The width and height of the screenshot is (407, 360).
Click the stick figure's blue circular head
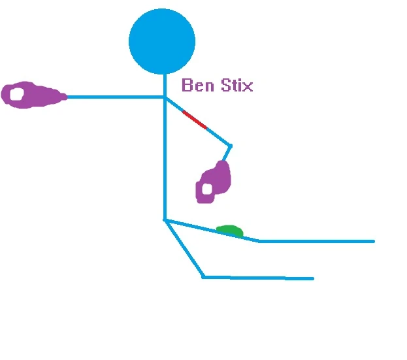(x=162, y=41)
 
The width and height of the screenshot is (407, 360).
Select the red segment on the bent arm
(x=195, y=120)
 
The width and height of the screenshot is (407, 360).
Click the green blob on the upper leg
(x=230, y=231)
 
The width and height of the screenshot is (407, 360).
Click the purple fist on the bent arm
(x=214, y=182)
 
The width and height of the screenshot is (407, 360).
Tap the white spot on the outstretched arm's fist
(x=16, y=94)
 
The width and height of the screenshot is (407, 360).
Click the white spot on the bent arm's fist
(x=207, y=189)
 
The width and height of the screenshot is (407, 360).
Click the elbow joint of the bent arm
(x=230, y=145)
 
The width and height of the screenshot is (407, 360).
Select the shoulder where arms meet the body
(x=164, y=97)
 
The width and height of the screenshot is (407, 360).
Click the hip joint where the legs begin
(x=165, y=220)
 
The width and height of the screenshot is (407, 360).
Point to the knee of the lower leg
(x=203, y=277)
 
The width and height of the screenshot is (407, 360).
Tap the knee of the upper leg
(x=259, y=241)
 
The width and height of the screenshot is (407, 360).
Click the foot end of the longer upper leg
(x=373, y=241)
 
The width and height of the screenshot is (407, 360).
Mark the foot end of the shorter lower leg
(x=312, y=278)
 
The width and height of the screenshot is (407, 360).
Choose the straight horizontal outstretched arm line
(x=114, y=97)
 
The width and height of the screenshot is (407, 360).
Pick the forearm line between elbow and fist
(x=226, y=154)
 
